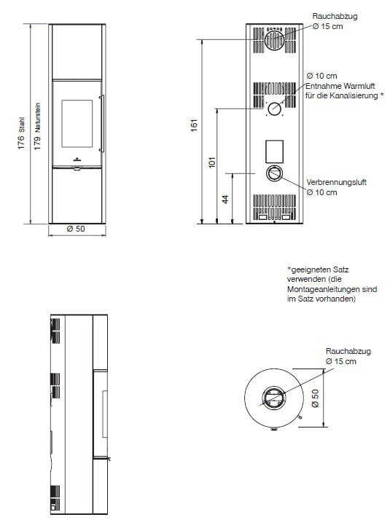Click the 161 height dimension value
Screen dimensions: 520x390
pyautogui.click(x=194, y=125)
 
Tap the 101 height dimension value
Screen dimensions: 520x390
pyautogui.click(x=211, y=162)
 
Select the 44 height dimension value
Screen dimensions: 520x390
pyautogui.click(x=225, y=198)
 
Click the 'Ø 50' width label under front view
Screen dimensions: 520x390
pyautogui.click(x=76, y=229)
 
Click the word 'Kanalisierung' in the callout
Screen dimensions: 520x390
pyautogui.click(x=354, y=95)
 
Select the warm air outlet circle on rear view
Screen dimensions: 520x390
pyautogui.click(x=273, y=109)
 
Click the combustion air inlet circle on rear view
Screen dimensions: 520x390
pyautogui.click(x=273, y=173)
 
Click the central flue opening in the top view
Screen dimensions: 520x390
pyautogui.click(x=274, y=398)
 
